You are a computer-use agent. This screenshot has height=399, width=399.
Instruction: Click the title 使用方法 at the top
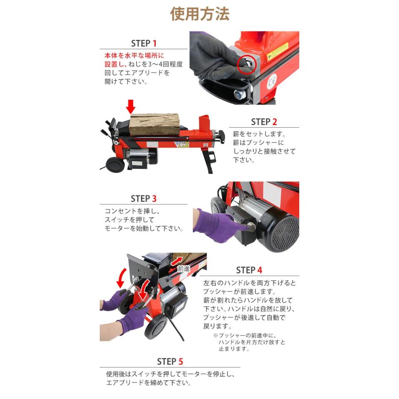[x=199, y=14]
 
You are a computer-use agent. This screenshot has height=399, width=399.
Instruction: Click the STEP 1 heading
[x=144, y=43]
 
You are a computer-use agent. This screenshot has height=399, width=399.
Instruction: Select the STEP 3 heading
[x=144, y=199]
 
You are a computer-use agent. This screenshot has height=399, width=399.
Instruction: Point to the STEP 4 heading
[x=249, y=270]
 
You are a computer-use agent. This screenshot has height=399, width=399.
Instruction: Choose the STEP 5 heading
[x=170, y=361]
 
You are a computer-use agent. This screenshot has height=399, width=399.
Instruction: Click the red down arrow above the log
[x=130, y=106]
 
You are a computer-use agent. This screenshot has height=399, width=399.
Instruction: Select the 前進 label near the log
[x=184, y=269]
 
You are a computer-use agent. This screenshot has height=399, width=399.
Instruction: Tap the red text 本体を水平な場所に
[x=134, y=56]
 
